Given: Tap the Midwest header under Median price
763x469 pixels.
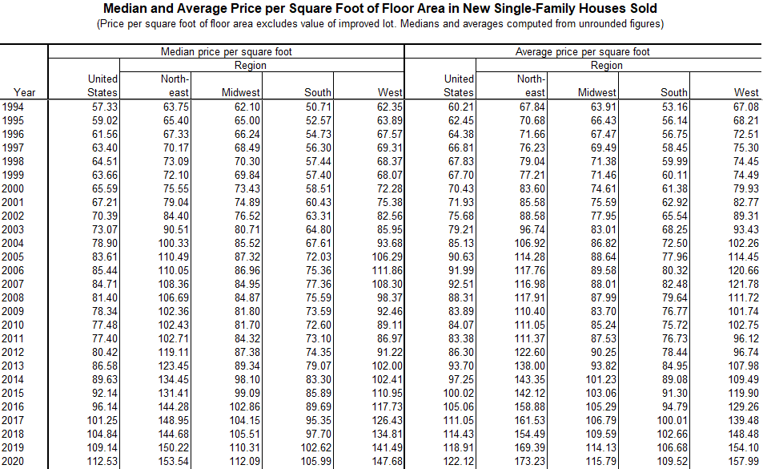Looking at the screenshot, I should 241,93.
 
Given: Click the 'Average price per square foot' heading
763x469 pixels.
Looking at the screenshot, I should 582,52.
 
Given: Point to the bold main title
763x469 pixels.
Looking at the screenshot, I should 380,9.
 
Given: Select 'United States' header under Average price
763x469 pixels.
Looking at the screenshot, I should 459,86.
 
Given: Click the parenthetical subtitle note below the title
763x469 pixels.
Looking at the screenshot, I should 380,23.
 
